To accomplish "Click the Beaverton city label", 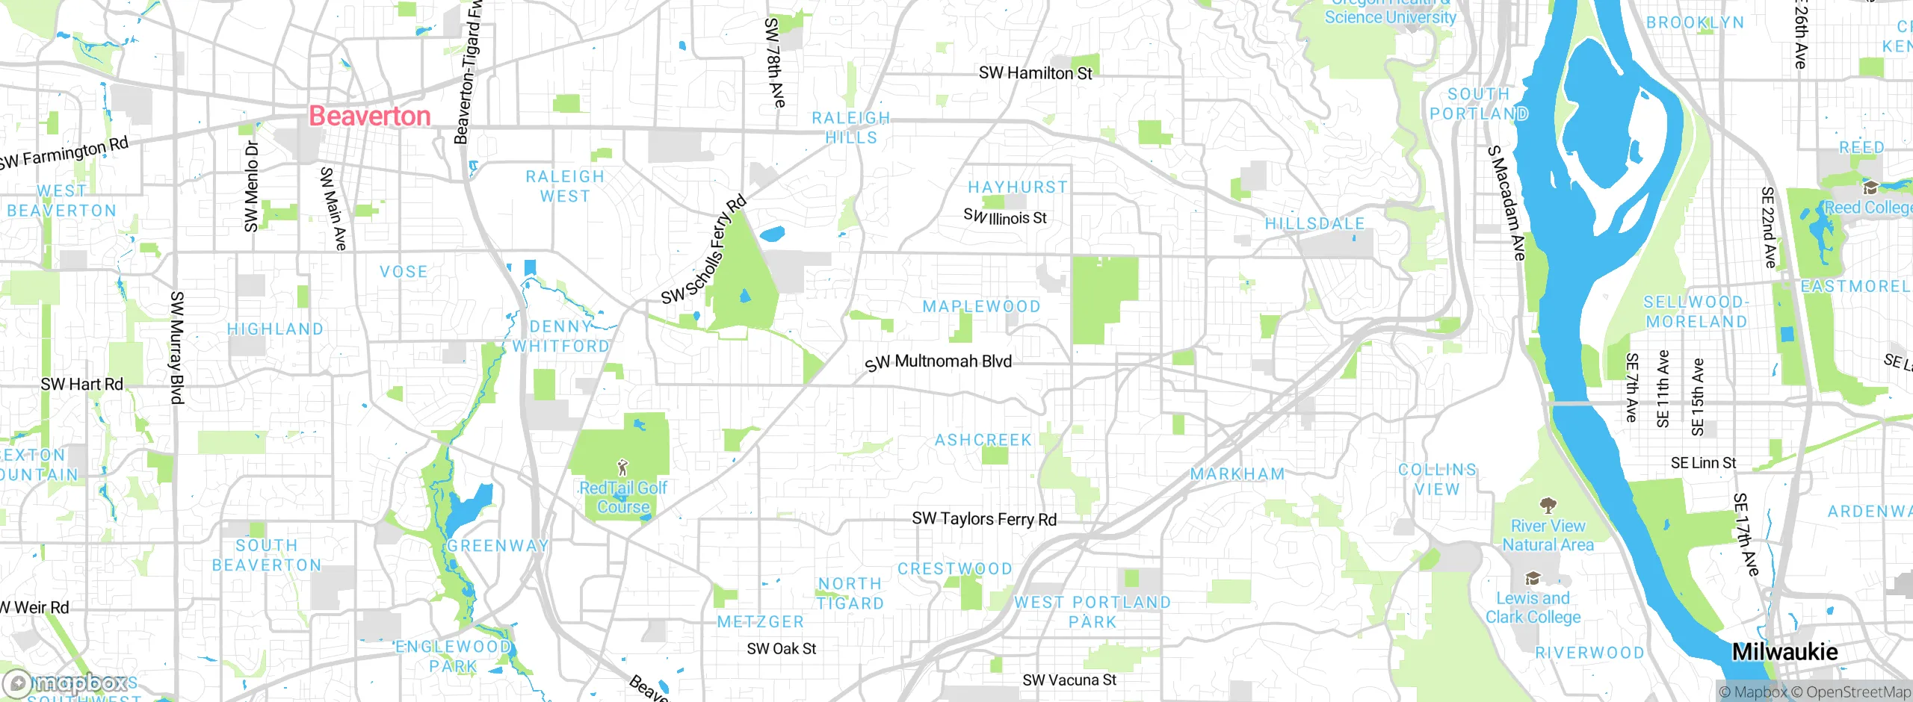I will click(370, 116).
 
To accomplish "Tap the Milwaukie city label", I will click(1784, 651).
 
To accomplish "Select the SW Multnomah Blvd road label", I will click(939, 362).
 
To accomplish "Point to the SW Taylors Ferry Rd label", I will click(984, 518).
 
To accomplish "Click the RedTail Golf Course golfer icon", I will click(622, 468).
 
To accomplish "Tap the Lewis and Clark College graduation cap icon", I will click(1532, 579).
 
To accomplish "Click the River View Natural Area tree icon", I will click(1548, 506).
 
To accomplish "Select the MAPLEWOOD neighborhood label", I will click(981, 306).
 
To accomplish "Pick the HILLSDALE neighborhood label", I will click(1314, 223).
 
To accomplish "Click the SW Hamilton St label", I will click(1035, 73).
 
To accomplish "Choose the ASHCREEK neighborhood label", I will click(983, 440).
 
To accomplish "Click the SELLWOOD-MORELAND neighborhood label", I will click(1696, 311).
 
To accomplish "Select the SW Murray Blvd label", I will click(177, 347).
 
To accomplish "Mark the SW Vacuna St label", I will click(1069, 680).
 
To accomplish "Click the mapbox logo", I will click(66, 683).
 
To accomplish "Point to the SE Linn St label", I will click(1703, 463).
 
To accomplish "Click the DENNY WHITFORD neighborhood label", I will click(560, 336).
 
